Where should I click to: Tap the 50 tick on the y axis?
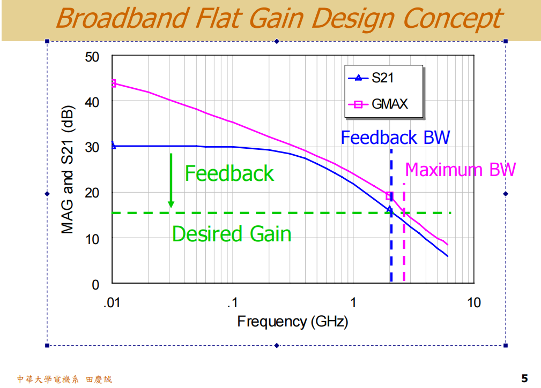[92, 56]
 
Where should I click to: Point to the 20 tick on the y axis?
[92, 193]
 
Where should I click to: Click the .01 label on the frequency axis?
[112, 303]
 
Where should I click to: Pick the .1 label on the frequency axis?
[232, 303]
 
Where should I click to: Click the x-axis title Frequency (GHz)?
[292, 322]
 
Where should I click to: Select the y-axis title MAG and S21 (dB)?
[68, 170]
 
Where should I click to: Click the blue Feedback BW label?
[395, 138]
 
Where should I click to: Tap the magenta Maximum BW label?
[460, 170]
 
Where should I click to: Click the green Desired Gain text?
[231, 234]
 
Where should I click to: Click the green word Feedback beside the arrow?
[229, 173]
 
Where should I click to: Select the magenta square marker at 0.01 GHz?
[113, 83]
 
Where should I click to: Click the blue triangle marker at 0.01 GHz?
[113, 145]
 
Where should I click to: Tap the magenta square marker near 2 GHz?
[389, 196]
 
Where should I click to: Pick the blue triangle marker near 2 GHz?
[390, 210]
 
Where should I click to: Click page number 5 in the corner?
[524, 378]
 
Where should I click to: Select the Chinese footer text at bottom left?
[64, 379]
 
